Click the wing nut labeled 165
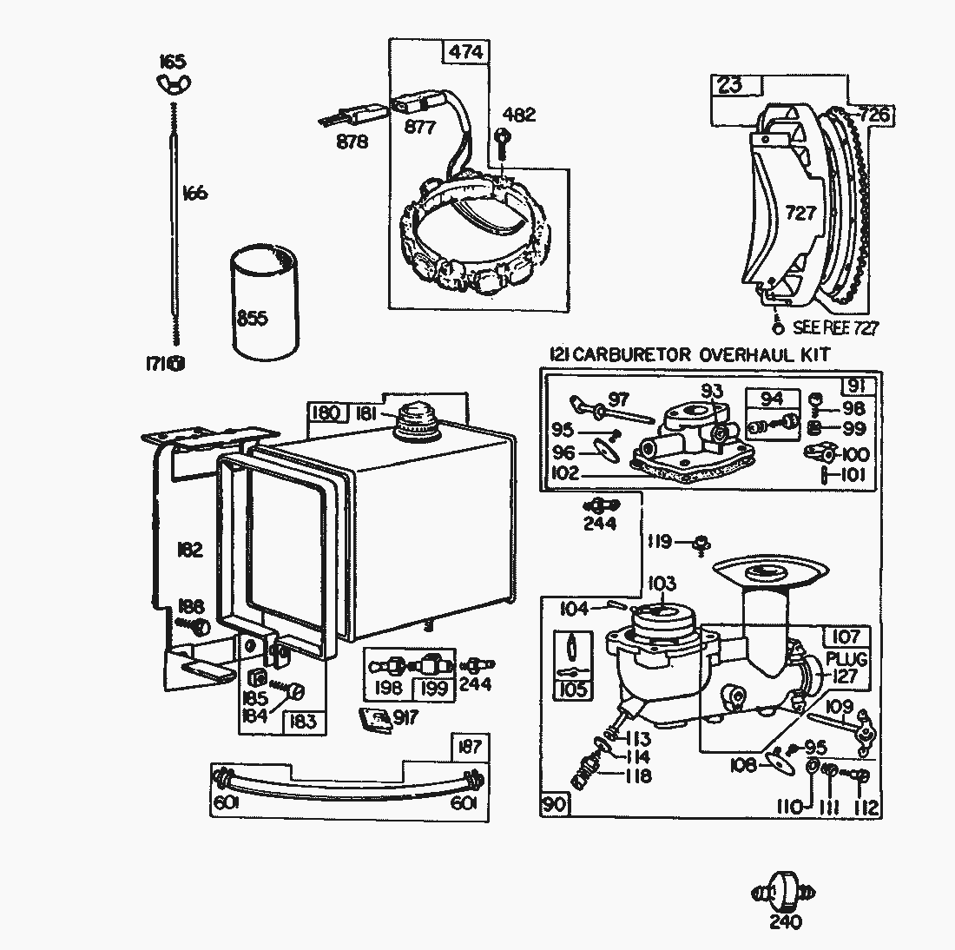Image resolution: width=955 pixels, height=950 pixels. [x=172, y=82]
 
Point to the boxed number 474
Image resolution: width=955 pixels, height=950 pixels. [x=464, y=52]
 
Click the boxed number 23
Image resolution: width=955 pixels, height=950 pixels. [x=730, y=85]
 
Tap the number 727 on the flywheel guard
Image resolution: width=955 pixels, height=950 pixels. [x=800, y=211]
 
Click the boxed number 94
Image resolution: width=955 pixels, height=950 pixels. [x=771, y=399]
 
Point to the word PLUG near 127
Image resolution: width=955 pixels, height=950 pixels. [x=846, y=659]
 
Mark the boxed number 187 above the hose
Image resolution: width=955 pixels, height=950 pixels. [x=470, y=747]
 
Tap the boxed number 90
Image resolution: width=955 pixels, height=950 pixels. [x=554, y=804]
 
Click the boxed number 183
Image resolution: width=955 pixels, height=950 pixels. [x=304, y=722]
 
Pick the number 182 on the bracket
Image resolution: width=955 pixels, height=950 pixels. [x=189, y=550]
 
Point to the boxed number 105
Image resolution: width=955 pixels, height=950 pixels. [x=573, y=690]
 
